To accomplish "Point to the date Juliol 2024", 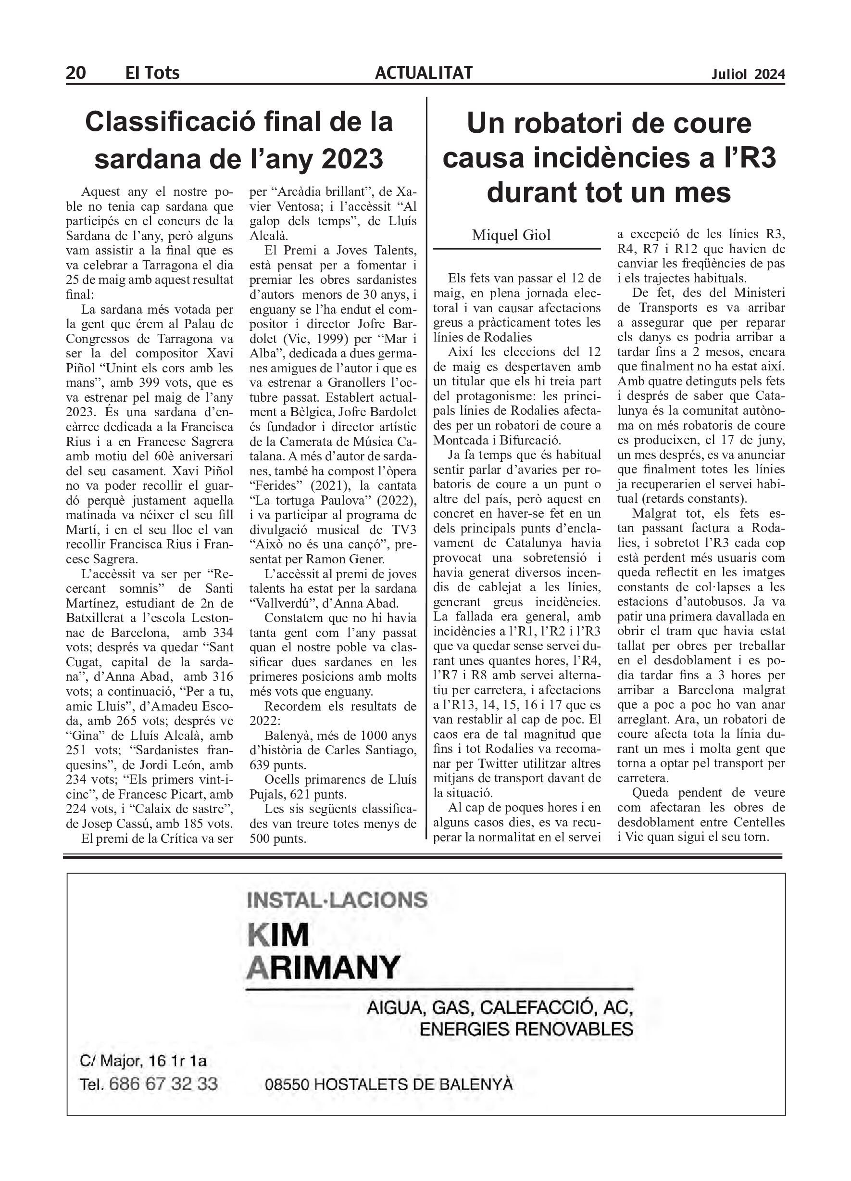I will tap(748, 75).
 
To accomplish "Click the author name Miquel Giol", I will tap(511, 235).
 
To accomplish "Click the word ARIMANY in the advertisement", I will tap(323, 968).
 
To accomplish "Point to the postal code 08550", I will tap(288, 1085).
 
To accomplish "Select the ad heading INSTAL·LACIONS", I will tap(338, 900).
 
